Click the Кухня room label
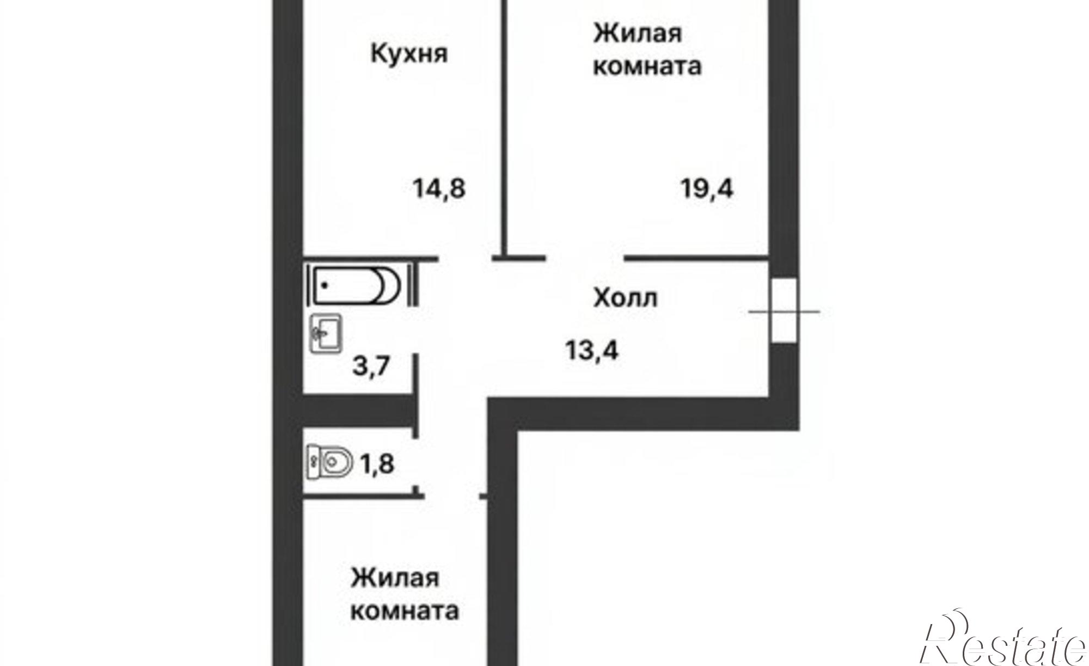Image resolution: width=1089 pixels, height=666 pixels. pos(409,54)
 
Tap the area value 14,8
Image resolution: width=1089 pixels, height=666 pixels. pos(439,189)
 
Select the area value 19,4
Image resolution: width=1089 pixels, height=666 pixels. pos(707,189)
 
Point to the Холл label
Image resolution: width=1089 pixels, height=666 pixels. pos(625,298)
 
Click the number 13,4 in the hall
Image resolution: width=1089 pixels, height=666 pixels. pos(592,350)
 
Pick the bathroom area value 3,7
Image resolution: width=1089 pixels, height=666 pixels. pos(371,365)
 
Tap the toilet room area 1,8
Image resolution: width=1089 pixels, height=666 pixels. pos(376,465)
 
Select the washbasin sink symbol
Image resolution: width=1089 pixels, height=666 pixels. pos(326,333)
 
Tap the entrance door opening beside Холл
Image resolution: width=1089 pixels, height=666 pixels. pos(784,310)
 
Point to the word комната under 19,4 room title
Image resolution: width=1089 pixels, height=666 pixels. pos(647,67)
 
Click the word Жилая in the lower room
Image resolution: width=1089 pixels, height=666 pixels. pos(395,577)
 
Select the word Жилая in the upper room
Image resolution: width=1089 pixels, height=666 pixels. pos(637,34)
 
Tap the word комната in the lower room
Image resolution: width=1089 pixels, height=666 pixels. pos(404,611)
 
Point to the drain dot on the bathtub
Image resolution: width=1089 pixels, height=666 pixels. pos(325,285)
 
